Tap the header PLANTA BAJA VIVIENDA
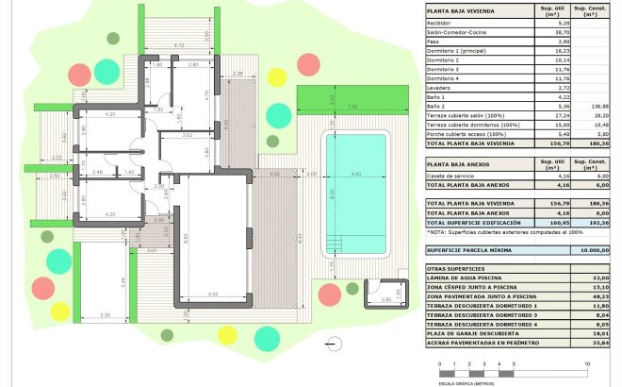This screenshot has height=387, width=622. click(x=466, y=12)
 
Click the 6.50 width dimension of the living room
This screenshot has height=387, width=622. click(x=214, y=296)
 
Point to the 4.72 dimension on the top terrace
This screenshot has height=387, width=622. click(x=179, y=45)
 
